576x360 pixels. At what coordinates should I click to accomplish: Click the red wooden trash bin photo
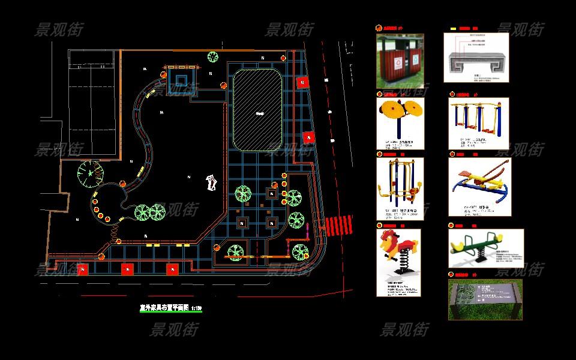click(x=400, y=61)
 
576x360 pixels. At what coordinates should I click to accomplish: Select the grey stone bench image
click(x=476, y=58)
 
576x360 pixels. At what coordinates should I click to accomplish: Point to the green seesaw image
click(x=485, y=248)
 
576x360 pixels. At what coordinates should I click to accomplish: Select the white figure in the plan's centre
click(x=211, y=182)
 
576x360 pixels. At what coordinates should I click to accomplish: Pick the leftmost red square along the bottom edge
click(x=82, y=269)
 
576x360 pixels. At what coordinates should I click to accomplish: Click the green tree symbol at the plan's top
click(x=212, y=58)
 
